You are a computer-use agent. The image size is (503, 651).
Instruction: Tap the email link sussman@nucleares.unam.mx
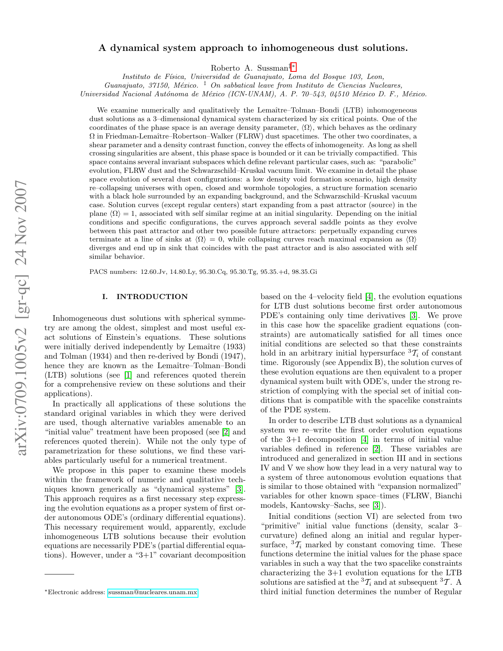pos(153,592)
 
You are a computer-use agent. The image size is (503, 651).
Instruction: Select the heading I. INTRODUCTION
pos(145,297)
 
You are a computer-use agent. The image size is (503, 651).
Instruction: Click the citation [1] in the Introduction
pos(128,375)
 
